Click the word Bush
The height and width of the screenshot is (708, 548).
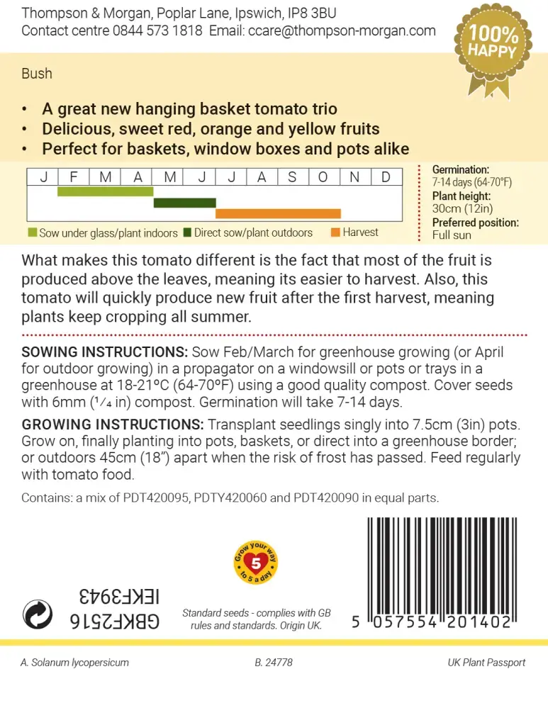(37, 74)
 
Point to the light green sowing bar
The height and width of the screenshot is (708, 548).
(105, 191)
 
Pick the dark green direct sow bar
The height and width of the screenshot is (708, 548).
(184, 203)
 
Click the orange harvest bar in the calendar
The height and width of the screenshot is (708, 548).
(278, 213)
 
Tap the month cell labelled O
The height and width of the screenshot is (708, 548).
(323, 177)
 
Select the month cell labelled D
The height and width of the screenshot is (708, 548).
(386, 177)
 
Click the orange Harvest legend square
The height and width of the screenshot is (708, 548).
(335, 232)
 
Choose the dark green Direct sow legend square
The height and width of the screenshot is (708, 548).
(187, 232)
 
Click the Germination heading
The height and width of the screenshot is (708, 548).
(460, 170)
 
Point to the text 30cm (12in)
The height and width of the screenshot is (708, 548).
(462, 208)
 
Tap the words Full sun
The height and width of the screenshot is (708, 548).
(452, 235)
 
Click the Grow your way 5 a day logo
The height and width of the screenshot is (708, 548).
(255, 563)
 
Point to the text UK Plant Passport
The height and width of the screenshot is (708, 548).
(486, 663)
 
